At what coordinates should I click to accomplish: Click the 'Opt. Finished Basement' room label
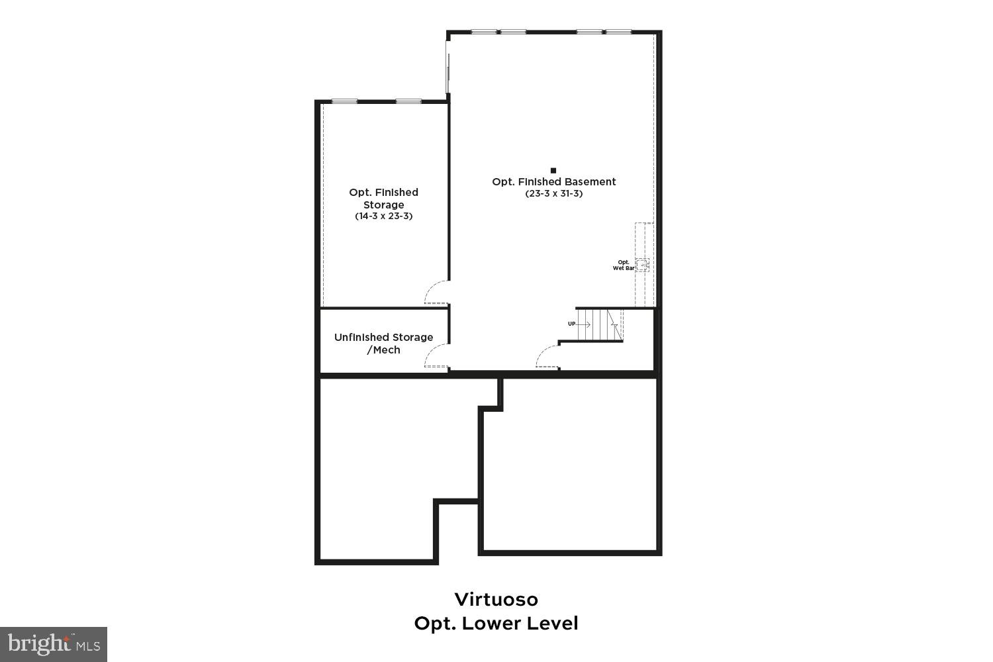pyautogui.click(x=554, y=181)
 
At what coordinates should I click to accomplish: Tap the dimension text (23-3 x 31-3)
pyautogui.click(x=554, y=194)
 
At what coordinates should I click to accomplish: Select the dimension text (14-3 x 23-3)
pyautogui.click(x=384, y=216)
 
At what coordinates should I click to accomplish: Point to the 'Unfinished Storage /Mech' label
pyautogui.click(x=384, y=344)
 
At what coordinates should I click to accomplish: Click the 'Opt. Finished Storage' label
pyautogui.click(x=384, y=198)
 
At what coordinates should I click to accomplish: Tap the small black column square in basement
pyautogui.click(x=553, y=170)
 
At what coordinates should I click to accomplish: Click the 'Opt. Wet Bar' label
pyautogui.click(x=624, y=265)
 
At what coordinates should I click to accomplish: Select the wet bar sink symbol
pyautogui.click(x=642, y=264)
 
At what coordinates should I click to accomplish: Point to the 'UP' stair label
pyautogui.click(x=571, y=324)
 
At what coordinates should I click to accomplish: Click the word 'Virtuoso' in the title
pyautogui.click(x=496, y=599)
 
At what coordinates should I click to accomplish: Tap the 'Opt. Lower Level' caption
pyautogui.click(x=496, y=623)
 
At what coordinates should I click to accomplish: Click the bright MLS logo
pyautogui.click(x=53, y=644)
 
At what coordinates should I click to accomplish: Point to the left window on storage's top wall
pyautogui.click(x=344, y=101)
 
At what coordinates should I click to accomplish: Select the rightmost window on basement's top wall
pyautogui.click(x=618, y=32)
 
